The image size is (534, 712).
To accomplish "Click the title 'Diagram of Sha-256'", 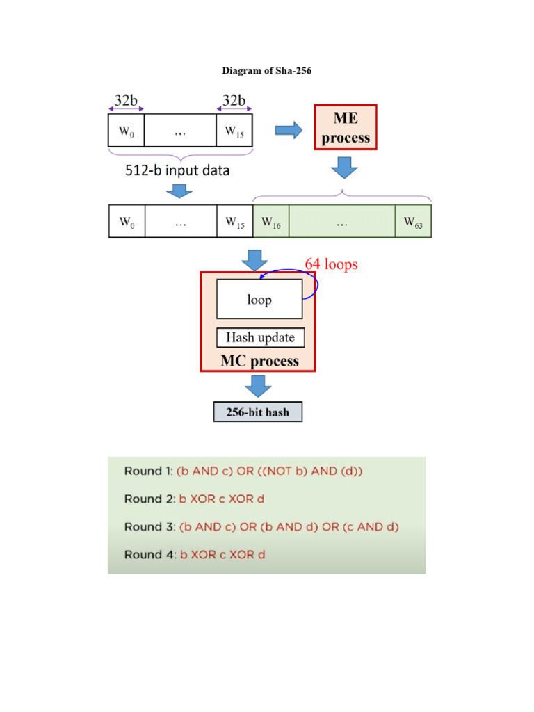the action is (266, 70).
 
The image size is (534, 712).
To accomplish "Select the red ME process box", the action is (346, 127).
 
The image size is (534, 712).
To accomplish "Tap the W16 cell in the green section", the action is (271, 221).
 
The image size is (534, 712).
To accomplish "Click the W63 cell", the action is (413, 221).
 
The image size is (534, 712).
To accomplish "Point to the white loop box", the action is (259, 299).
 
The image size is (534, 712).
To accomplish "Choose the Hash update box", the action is (260, 337).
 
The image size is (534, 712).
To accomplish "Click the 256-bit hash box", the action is (258, 412).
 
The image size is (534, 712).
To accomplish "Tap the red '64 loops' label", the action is (331, 264).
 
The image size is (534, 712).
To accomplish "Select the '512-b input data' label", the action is (177, 170).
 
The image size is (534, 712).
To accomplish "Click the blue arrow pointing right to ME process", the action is (289, 130).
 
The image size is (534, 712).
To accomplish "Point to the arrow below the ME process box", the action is (344, 168).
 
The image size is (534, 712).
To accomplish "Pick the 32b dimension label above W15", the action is (234, 100).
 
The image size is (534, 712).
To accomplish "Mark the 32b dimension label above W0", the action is (126, 100).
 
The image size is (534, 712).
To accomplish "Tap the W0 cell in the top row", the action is (127, 130).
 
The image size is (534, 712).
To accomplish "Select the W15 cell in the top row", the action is (234, 130).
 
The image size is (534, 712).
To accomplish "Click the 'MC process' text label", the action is (260, 361).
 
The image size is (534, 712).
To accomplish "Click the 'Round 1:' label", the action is (149, 471).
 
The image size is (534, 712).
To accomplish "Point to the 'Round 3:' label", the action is (150, 527).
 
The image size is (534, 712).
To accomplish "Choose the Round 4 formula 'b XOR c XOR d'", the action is (222, 554).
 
